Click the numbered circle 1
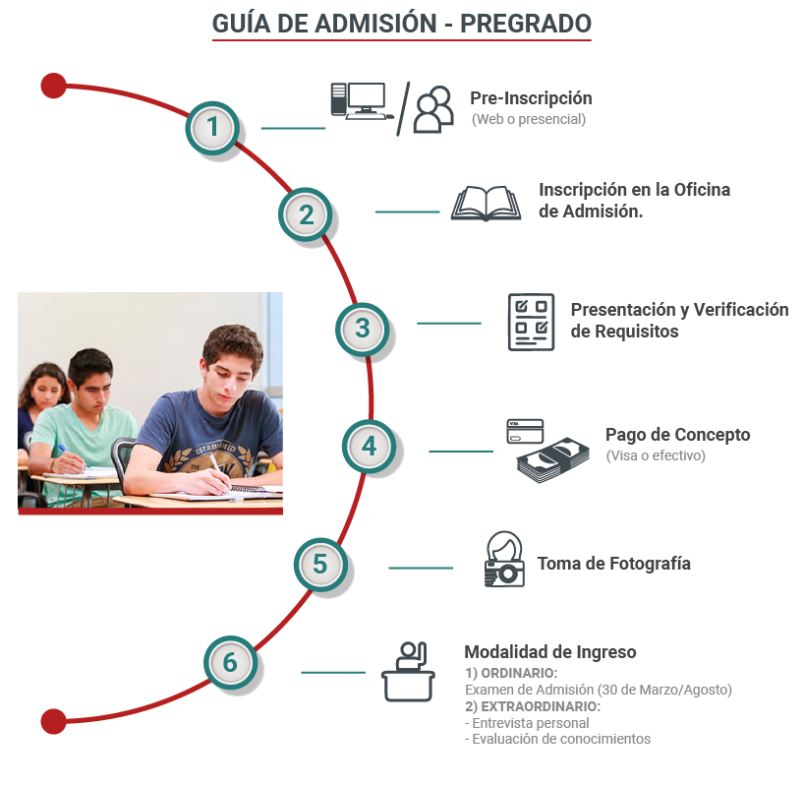pos(212,128)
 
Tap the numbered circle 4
pos(369,447)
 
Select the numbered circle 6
pos(230,662)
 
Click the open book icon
pos(486,204)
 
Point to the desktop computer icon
pos(362,101)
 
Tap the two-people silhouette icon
pos(433,109)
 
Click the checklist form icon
pos(531,323)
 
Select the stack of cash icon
pos(553,460)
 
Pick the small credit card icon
pos(525,431)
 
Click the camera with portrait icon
pos(504,559)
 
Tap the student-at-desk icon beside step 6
pos(408,672)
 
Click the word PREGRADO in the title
pos(526,24)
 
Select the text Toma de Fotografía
pos(613,564)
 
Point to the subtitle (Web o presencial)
pos(529,119)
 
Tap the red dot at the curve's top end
pos(53,86)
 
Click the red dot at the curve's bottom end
pos(53,721)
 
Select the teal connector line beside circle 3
pos(449,324)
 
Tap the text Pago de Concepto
pos(678,435)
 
